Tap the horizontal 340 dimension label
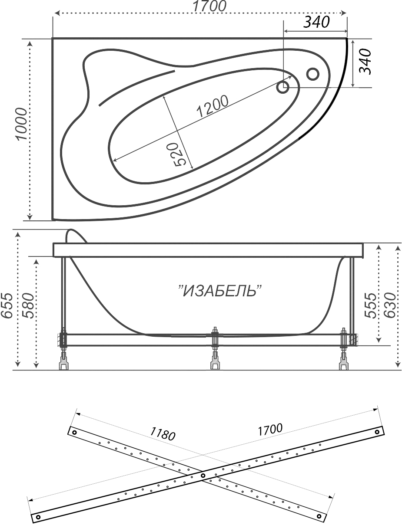point(316,22)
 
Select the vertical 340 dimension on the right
point(365,62)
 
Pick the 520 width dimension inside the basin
point(179,154)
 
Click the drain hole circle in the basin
point(282,87)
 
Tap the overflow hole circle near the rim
point(312,74)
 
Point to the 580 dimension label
point(28,305)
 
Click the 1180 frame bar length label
point(163,433)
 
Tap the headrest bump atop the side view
point(76,236)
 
